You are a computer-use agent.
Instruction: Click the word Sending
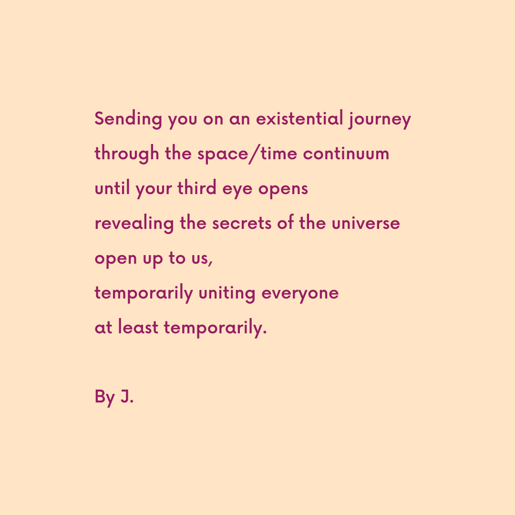(128, 119)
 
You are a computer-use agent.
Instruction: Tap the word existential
(299, 118)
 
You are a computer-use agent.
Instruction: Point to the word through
(127, 154)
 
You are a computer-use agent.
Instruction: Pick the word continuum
(346, 154)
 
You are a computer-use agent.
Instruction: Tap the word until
(113, 188)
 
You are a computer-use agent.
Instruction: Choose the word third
(197, 188)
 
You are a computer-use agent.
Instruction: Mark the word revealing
(134, 224)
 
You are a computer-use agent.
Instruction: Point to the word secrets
(242, 224)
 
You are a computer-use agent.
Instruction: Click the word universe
(366, 223)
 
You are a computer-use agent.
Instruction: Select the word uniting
(227, 293)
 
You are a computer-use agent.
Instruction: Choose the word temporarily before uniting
(144, 293)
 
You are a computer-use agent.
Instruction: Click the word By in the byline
(105, 397)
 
